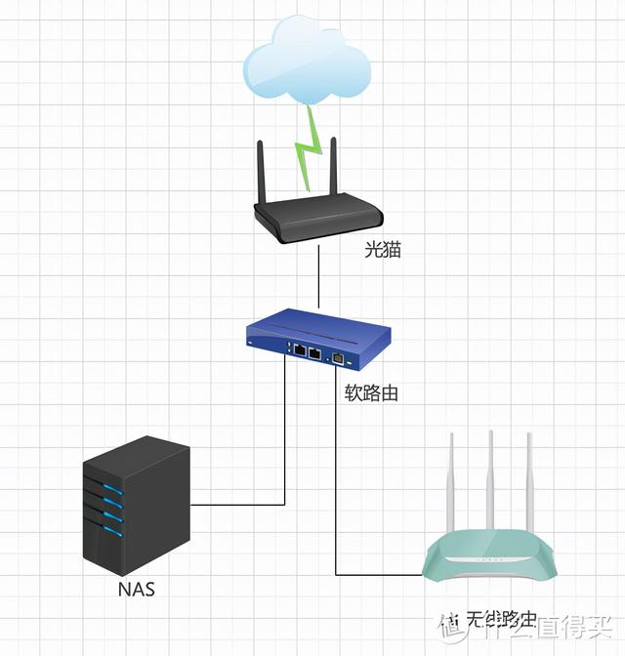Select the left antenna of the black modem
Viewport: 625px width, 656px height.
pyautogui.click(x=263, y=172)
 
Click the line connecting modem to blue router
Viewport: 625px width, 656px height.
pyautogui.click(x=319, y=277)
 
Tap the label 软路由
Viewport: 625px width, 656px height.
pyautogui.click(x=371, y=393)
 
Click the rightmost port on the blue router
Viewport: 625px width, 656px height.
pyautogui.click(x=338, y=358)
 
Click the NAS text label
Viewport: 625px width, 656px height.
pyautogui.click(x=137, y=590)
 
